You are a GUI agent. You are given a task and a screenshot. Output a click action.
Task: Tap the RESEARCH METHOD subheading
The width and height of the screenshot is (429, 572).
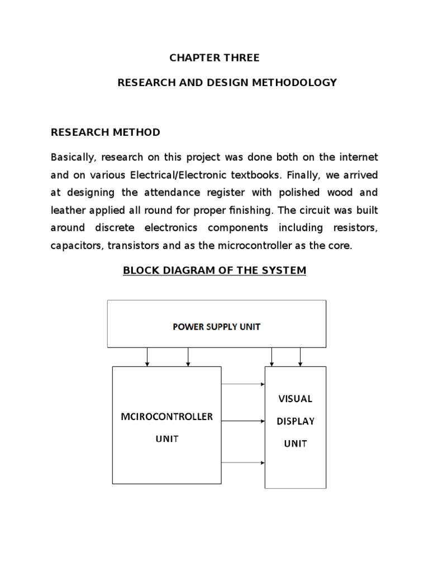[106, 132]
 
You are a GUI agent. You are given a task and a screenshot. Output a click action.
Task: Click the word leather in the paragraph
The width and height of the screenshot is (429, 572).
[68, 210]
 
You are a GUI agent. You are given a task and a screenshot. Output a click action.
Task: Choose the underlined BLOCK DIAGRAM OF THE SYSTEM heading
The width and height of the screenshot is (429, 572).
[214, 271]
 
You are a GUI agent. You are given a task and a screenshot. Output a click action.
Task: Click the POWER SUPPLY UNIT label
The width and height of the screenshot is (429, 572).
[216, 327]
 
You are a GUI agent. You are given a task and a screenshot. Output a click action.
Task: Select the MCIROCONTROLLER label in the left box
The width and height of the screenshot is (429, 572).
[167, 417]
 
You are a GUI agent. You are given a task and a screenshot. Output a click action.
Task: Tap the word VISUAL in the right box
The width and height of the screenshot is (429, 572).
[295, 399]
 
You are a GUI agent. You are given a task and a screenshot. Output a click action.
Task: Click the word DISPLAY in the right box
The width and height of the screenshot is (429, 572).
[295, 421]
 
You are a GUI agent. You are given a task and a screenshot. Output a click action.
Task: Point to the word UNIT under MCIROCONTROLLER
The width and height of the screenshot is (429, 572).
[166, 439]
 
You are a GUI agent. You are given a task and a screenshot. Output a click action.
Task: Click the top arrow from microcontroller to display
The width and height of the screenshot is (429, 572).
[243, 384]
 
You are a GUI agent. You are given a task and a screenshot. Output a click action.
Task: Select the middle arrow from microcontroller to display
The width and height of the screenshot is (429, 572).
[243, 421]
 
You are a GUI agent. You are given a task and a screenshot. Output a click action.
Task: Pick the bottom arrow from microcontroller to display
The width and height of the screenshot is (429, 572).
[243, 463]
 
